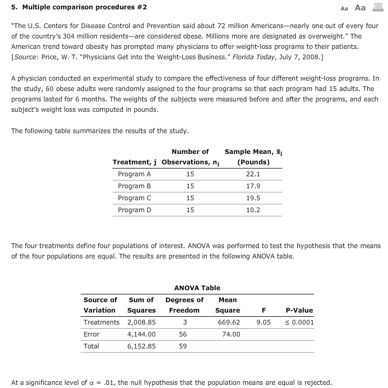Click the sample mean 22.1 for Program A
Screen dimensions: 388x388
pos(253,174)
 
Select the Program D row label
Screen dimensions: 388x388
pos(134,210)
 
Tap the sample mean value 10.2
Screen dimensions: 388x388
pos(253,210)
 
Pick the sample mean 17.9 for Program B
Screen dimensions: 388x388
pos(253,186)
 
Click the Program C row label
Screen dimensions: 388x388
pos(134,198)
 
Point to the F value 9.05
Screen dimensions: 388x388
pos(263,322)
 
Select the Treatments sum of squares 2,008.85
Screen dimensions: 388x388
pos(141,322)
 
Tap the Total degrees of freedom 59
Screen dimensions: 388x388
pos(182,346)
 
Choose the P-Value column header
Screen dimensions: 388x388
pos(299,311)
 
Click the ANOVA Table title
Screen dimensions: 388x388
pos(197,288)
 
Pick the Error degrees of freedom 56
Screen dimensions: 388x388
pos(182,334)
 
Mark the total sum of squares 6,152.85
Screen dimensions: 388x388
pos(141,346)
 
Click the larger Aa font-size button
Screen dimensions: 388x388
pos(360,7)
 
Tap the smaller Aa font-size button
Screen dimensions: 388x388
pos(344,8)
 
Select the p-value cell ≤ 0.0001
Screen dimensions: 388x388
pos(299,322)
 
